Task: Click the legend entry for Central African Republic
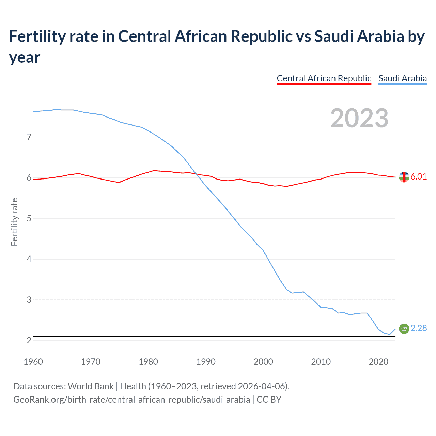[324, 78]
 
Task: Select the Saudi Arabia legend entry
[403, 78]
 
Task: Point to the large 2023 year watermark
[359, 118]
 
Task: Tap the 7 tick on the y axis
[29, 137]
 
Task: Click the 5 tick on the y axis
[29, 218]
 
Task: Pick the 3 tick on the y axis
[29, 300]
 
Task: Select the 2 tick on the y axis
[29, 340]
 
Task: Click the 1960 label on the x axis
[33, 362]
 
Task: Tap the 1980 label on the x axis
[148, 362]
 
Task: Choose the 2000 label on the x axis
[263, 362]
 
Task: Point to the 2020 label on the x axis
[378, 362]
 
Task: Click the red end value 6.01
[419, 176]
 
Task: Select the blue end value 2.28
[419, 328]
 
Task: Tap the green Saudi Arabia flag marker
[404, 329]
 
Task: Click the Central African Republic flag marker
[404, 177]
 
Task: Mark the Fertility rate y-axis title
[14, 222]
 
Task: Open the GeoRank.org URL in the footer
[131, 399]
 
